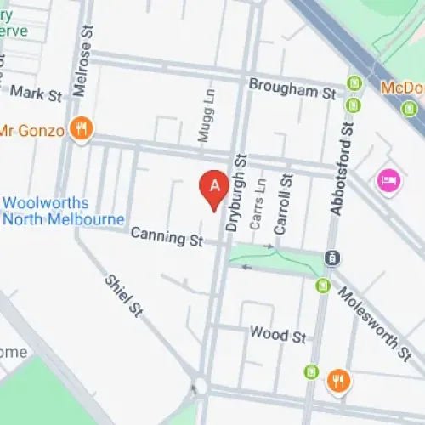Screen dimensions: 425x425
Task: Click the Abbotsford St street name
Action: (346, 169)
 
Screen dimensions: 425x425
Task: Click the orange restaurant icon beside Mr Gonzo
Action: (82, 129)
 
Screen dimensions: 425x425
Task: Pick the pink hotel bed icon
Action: (388, 180)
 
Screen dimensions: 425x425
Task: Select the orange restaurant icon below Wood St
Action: (338, 380)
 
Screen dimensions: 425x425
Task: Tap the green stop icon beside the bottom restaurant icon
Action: (312, 371)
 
